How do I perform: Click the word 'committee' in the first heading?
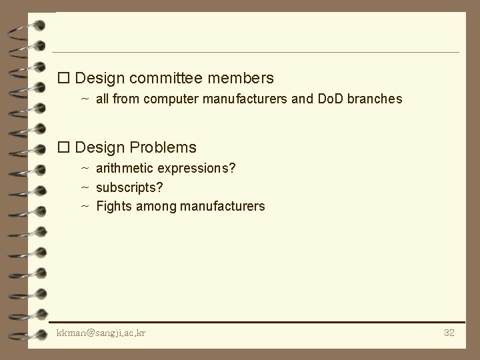point(165,79)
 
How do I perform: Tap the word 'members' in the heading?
point(241,79)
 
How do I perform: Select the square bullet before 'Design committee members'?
point(64,79)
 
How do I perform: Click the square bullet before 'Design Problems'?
point(64,147)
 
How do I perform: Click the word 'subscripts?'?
point(129,187)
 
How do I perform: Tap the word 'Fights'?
point(114,206)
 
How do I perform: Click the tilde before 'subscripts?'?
point(85,187)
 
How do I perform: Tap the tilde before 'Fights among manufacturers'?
point(85,206)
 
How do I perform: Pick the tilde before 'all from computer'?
point(85,99)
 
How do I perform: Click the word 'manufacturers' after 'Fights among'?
point(221,206)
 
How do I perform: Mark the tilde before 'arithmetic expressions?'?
point(85,168)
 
